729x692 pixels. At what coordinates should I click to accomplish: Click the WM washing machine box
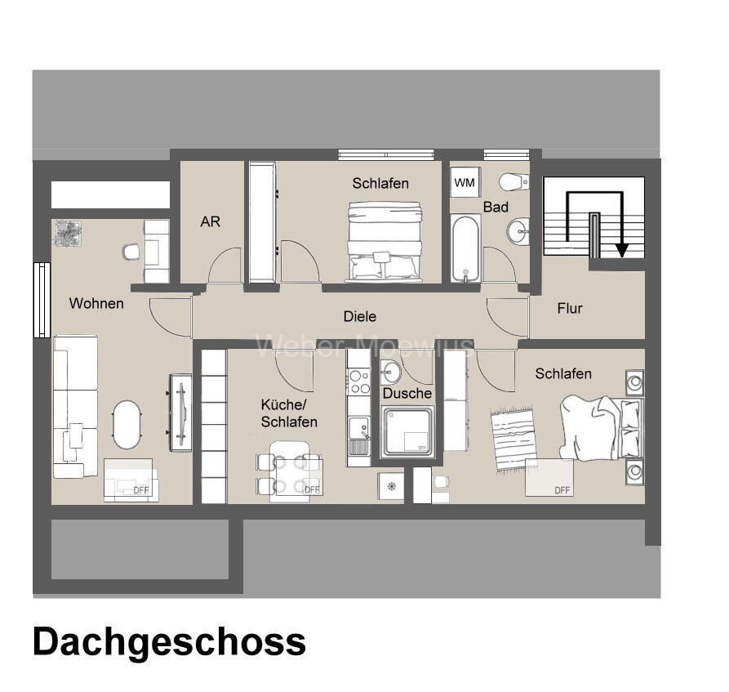pos(465,183)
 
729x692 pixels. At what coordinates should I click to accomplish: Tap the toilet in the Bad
pos(513,181)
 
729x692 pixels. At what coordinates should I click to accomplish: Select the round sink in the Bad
pos(517,232)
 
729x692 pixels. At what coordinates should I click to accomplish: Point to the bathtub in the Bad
pos(466,248)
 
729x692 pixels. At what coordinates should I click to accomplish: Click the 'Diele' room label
pos(359,316)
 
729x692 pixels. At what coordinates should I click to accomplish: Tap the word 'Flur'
pos(569,308)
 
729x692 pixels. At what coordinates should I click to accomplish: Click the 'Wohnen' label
pos(96,303)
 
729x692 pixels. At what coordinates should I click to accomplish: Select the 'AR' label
pos(210,221)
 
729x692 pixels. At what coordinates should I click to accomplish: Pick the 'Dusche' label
pos(407,393)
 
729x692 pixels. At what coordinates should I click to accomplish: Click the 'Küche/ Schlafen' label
pos(289,413)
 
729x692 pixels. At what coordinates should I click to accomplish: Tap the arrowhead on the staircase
pos(621,249)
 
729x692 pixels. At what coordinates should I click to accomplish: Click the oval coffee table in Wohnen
pos(127,424)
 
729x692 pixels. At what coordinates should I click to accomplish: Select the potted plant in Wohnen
pos(67,233)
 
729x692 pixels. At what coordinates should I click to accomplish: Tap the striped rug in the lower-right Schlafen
pos(513,439)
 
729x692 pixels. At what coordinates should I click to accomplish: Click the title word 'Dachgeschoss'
pos(169,642)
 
